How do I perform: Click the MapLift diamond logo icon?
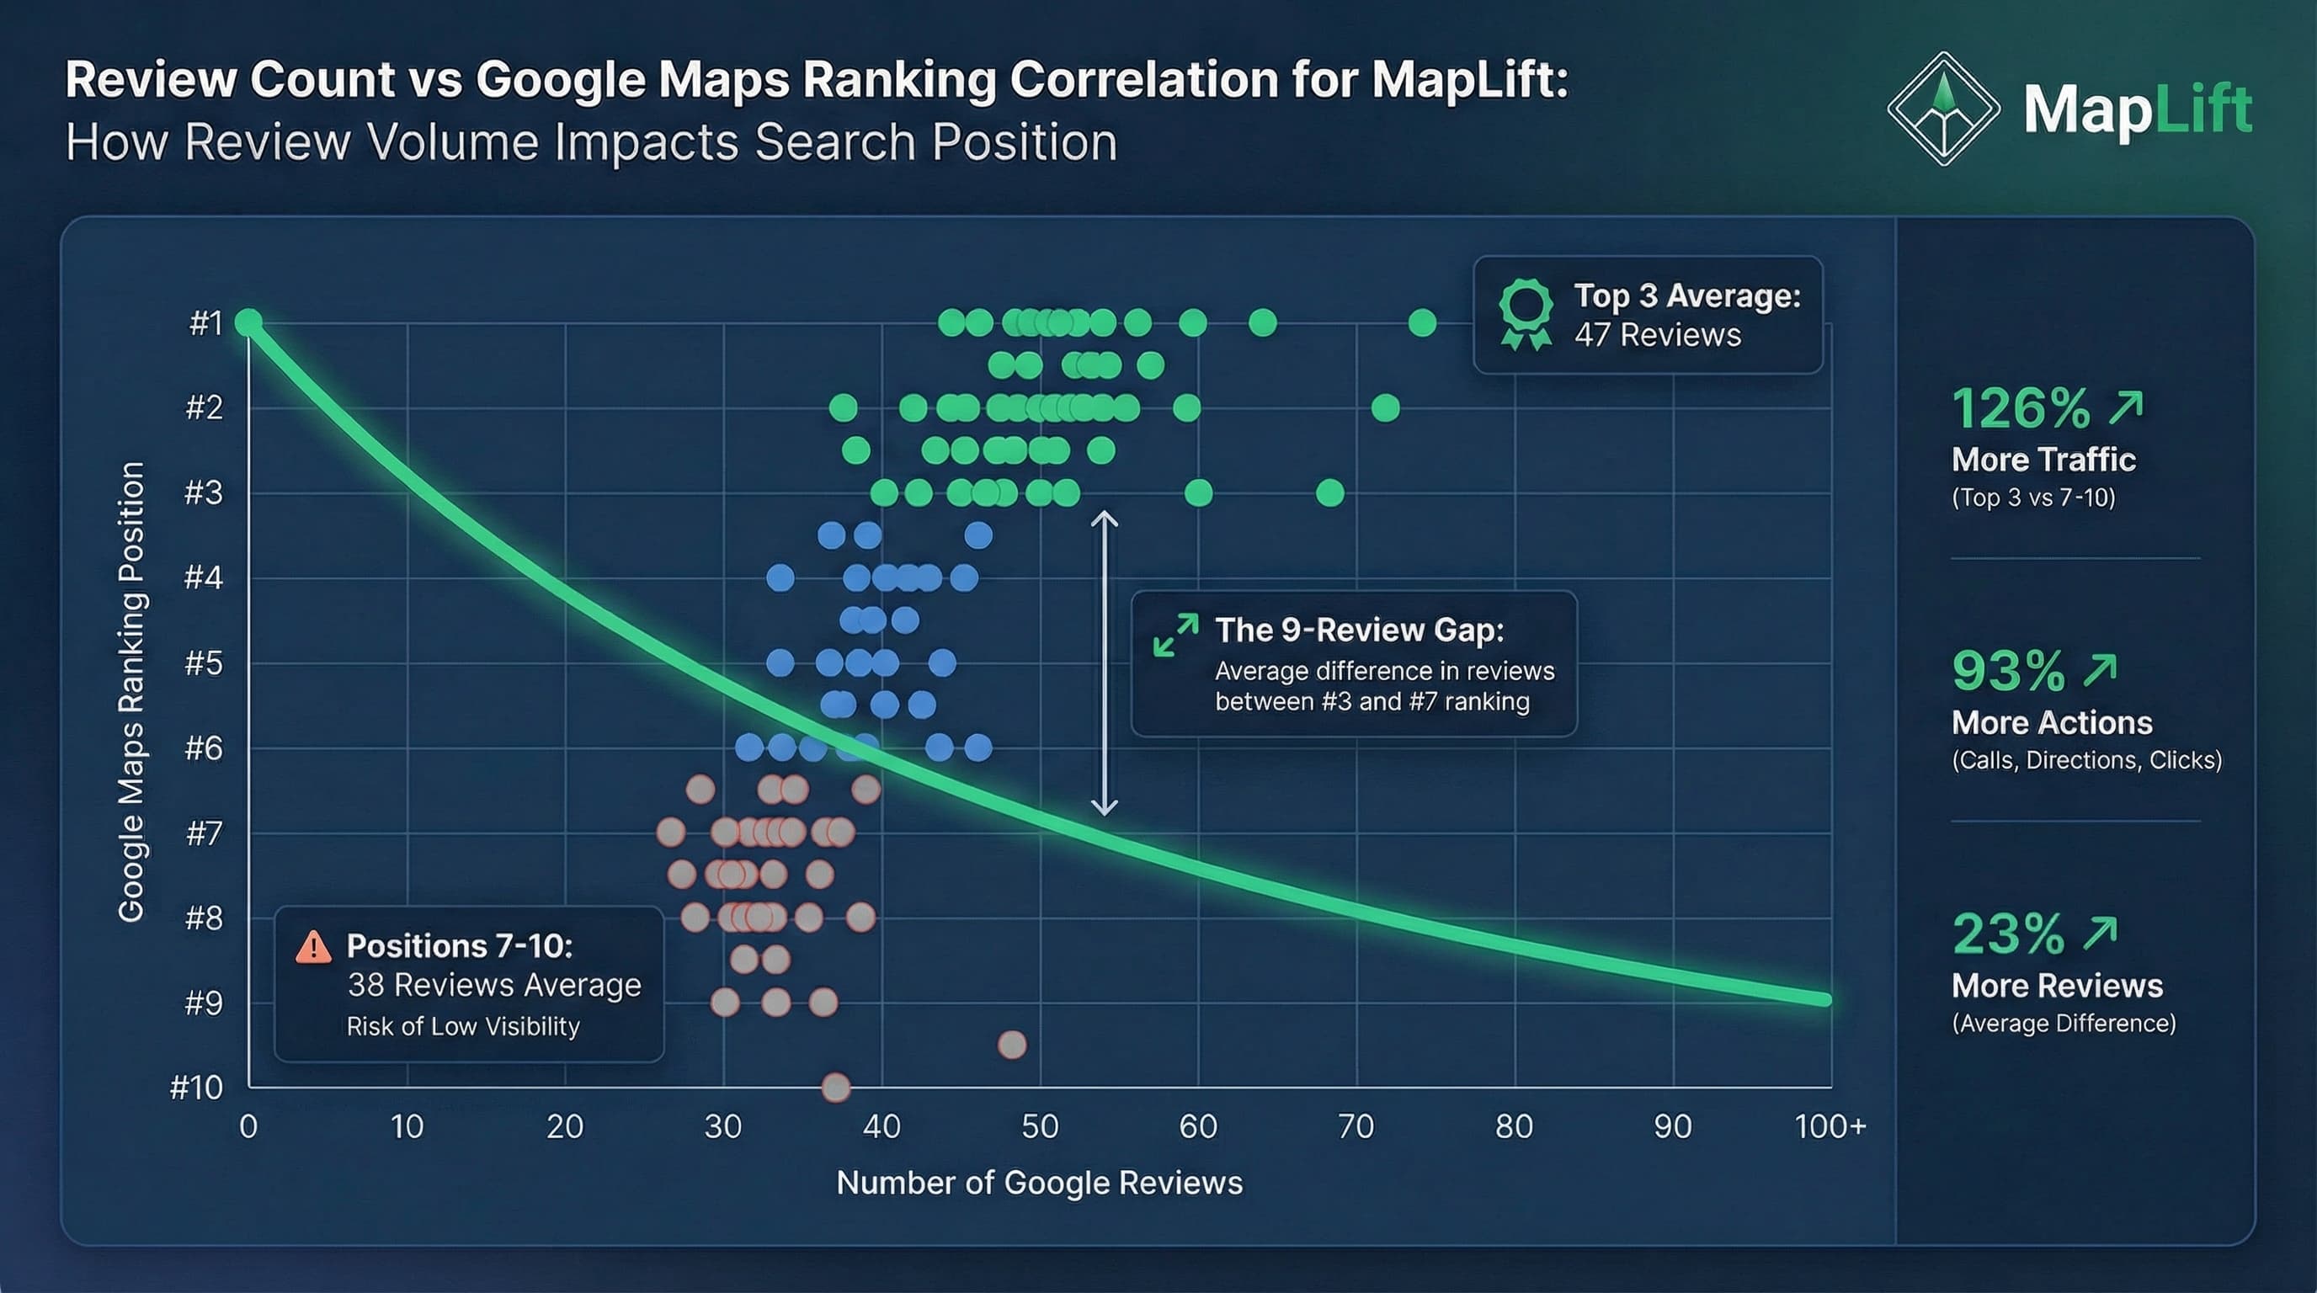(1943, 109)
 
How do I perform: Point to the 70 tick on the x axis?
(1356, 1126)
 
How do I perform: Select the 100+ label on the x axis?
(1830, 1126)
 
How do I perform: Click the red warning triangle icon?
(313, 947)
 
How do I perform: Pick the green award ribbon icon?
(1526, 314)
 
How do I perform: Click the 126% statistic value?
(2020, 409)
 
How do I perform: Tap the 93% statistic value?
(2007, 672)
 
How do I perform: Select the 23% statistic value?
(2007, 934)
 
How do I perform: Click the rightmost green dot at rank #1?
(1422, 322)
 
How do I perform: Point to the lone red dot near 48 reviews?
(1012, 1045)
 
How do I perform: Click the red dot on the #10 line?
(835, 1087)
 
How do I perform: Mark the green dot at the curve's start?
(248, 322)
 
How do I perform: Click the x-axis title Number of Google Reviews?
(1039, 1184)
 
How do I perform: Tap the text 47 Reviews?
(1657, 335)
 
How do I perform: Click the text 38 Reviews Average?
(494, 986)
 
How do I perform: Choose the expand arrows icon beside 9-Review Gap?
(1174, 636)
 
